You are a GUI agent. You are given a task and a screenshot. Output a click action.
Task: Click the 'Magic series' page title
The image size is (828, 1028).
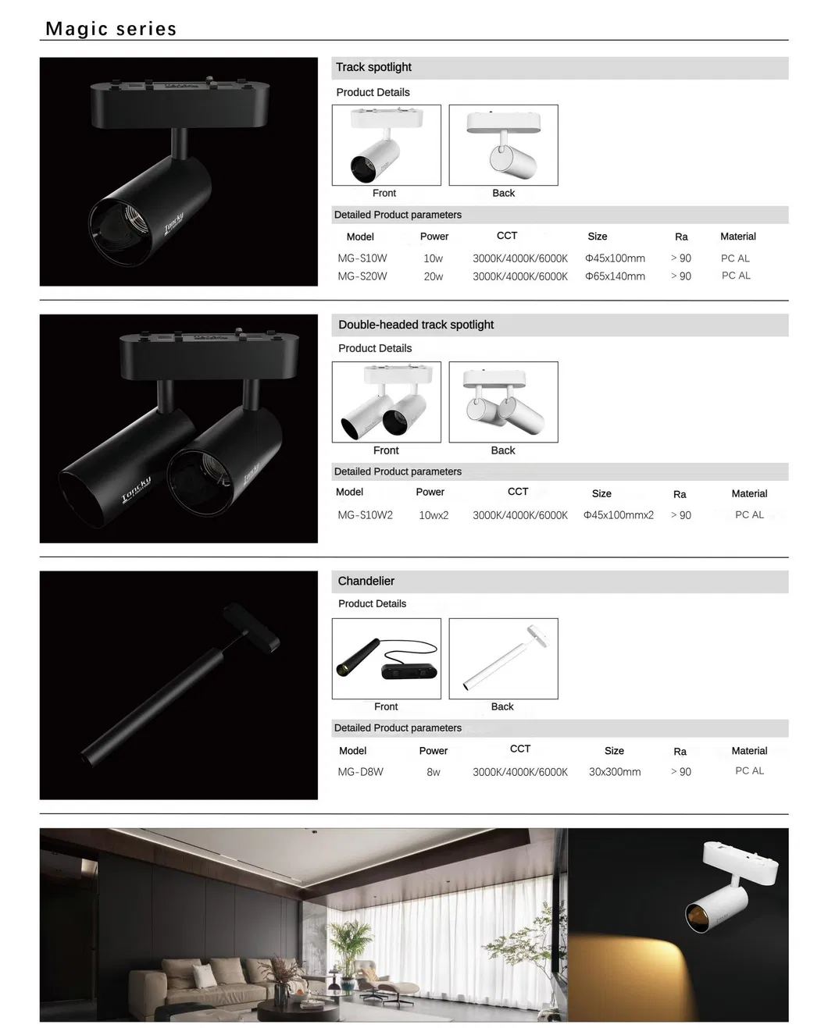111,29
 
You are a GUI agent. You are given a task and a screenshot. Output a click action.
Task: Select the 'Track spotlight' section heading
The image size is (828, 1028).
373,67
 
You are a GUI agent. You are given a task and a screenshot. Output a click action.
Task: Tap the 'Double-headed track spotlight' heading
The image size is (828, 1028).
416,325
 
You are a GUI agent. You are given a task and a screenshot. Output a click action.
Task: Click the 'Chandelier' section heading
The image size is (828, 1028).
366,581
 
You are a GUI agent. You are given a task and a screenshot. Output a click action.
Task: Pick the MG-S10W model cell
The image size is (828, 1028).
362,258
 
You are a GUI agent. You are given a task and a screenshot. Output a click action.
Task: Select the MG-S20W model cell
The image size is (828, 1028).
362,276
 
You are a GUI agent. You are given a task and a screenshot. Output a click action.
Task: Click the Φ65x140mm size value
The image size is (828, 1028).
615,276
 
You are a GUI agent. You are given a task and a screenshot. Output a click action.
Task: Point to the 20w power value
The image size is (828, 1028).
433,276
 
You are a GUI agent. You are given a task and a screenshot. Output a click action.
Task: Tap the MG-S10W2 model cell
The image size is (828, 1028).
365,515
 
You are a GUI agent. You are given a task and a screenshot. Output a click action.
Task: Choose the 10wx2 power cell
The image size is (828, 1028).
434,515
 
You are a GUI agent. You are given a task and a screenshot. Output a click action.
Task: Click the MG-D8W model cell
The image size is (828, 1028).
360,772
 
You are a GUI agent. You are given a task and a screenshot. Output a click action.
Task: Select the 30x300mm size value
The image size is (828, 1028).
615,772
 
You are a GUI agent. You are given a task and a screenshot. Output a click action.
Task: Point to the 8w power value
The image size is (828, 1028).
433,772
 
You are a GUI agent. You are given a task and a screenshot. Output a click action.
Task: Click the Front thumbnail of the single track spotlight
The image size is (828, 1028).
386,145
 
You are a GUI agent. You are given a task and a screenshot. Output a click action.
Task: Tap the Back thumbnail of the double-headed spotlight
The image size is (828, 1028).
503,402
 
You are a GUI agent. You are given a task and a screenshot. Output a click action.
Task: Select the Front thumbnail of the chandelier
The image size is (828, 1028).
386,659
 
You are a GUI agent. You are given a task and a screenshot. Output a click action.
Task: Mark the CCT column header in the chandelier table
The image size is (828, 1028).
520,749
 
